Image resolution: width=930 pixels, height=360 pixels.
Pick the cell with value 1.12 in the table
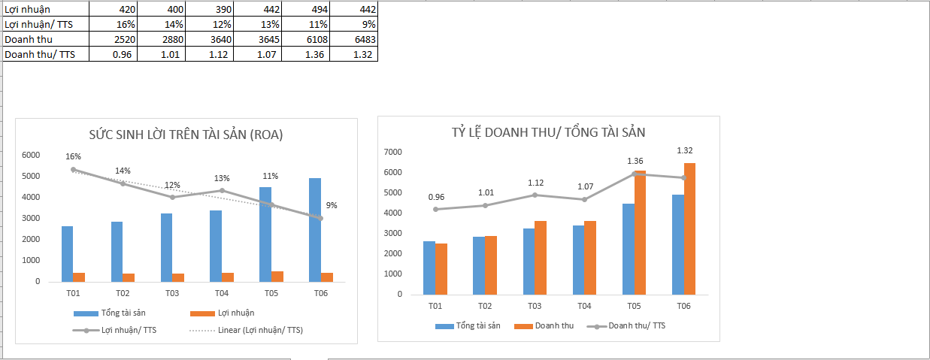(216, 54)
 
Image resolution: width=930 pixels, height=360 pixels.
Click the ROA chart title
(186, 135)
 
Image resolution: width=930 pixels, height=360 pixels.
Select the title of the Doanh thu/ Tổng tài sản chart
(548, 132)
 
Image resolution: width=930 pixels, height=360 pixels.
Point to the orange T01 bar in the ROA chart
(79, 277)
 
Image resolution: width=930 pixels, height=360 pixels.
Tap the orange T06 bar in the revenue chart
(689, 228)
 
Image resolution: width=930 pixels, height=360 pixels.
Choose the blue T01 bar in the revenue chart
(429, 268)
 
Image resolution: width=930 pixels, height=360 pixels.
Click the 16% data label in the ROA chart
(73, 156)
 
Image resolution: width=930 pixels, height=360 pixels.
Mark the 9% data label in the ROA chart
(332, 205)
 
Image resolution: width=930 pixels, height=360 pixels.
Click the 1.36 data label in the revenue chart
(635, 161)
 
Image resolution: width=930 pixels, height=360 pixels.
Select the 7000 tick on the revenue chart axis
(394, 152)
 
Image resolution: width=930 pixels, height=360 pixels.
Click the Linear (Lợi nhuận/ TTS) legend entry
(247, 330)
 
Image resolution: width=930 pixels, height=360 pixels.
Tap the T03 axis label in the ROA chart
(172, 293)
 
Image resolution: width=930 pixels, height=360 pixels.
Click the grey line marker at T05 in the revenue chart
(635, 174)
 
